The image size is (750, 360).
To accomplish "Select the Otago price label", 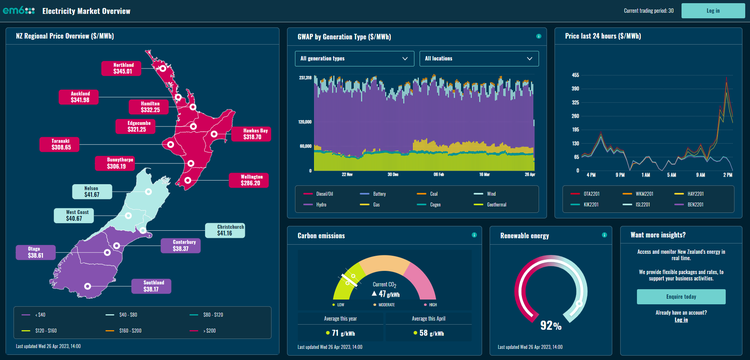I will coord(35,252).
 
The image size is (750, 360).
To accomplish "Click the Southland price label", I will coord(151,285).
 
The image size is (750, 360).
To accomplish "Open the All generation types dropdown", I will coord(355,59).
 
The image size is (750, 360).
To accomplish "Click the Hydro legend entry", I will coord(323,204).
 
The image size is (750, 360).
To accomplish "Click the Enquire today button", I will coord(680,297).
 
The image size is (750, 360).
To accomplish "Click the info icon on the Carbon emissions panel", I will coord(474,235).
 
